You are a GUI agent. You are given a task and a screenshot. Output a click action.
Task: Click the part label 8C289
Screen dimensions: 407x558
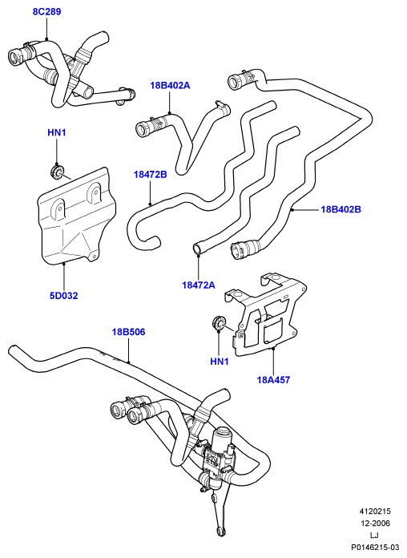pyautogui.click(x=46, y=12)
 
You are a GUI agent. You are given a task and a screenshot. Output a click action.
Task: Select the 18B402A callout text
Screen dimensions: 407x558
pyautogui.click(x=170, y=86)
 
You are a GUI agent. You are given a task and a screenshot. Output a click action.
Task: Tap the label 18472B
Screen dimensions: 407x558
pyautogui.click(x=151, y=175)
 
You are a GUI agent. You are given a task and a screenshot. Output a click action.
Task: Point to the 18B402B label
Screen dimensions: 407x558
pyautogui.click(x=341, y=209)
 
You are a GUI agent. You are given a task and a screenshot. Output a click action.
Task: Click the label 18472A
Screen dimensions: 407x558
pyautogui.click(x=199, y=285)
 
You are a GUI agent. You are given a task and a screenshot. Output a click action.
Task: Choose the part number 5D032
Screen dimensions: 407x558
pyautogui.click(x=63, y=296)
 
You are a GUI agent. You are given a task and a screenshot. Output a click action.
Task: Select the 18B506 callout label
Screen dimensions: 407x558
pyautogui.click(x=128, y=332)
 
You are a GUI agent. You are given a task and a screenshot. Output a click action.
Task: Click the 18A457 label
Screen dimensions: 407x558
pyautogui.click(x=273, y=380)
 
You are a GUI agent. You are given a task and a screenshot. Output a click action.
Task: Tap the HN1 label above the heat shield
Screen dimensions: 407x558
pyautogui.click(x=57, y=133)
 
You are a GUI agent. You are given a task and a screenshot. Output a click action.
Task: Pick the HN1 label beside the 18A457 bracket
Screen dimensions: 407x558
pyautogui.click(x=220, y=362)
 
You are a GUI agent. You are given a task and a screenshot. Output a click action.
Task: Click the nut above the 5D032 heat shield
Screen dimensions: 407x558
pyautogui.click(x=57, y=172)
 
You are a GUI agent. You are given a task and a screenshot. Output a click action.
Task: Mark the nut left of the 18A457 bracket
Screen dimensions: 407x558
pyautogui.click(x=218, y=323)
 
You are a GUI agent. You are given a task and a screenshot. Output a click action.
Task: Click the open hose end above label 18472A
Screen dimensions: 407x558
pyautogui.click(x=197, y=248)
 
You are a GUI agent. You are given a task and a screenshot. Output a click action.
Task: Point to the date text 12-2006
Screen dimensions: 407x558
pyautogui.click(x=374, y=523)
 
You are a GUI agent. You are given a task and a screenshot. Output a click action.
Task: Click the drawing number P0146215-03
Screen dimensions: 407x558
pyautogui.click(x=375, y=547)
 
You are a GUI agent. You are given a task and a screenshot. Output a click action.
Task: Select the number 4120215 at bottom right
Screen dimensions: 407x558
pyautogui.click(x=374, y=511)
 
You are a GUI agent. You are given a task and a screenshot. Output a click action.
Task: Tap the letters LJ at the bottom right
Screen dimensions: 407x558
pyautogui.click(x=374, y=535)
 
